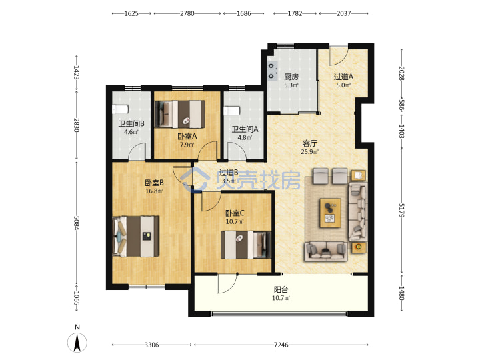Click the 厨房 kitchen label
click(291, 77)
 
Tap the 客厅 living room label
click(310, 143)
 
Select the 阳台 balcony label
click(281, 289)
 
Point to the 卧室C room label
click(235, 213)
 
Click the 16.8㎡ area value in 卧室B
click(154, 191)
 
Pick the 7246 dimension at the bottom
click(281, 345)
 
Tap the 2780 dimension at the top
click(187, 13)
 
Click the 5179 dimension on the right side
click(401, 210)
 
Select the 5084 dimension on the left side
click(76, 223)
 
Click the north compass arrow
click(77, 342)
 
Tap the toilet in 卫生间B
click(120, 109)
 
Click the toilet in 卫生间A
click(231, 111)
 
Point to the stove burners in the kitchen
click(272, 71)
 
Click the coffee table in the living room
click(330, 213)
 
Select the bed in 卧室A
click(180, 114)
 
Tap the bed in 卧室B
click(135, 236)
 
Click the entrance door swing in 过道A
click(338, 56)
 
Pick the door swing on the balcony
click(227, 283)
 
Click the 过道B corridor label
click(229, 173)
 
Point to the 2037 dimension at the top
click(343, 13)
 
